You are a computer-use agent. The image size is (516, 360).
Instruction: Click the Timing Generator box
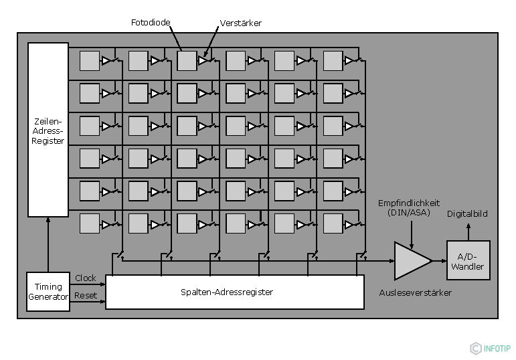click(x=48, y=292)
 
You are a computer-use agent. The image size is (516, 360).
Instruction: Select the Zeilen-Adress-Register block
click(x=48, y=130)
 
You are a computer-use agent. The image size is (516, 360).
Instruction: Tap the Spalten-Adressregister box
click(x=235, y=292)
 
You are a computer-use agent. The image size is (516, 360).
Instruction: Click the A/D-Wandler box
click(x=468, y=261)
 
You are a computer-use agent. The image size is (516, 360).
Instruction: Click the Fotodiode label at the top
click(x=151, y=23)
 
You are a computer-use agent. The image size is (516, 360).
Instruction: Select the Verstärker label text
click(x=240, y=23)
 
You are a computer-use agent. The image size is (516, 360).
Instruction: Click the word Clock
click(x=86, y=278)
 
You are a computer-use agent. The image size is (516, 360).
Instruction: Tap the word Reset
click(x=86, y=295)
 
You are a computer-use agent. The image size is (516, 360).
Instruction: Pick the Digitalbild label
click(x=467, y=214)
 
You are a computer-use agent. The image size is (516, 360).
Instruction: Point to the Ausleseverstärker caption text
click(x=415, y=292)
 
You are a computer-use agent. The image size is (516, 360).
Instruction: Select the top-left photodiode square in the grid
click(x=90, y=61)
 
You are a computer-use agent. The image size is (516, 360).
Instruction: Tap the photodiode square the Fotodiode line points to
click(x=187, y=61)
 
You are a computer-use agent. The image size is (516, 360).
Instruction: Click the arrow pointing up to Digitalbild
click(x=468, y=231)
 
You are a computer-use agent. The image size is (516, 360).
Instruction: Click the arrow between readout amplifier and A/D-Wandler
click(x=439, y=261)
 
